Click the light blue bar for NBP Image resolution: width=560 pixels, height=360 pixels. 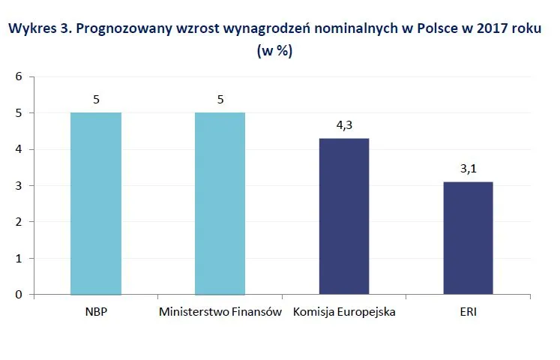point(95,203)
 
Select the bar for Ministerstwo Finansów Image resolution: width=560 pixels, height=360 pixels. point(220,203)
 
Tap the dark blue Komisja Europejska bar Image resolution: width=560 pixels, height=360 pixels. point(344,216)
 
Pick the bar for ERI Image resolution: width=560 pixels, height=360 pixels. point(468,238)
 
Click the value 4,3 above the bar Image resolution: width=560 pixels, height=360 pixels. point(344,125)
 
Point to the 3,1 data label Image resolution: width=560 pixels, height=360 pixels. point(468,169)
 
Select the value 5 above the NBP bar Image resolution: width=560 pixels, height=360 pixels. point(95,100)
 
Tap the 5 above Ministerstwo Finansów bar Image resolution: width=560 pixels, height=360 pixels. point(220,100)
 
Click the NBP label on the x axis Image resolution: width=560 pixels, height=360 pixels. point(95,311)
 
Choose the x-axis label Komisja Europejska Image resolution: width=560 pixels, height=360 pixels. point(344,311)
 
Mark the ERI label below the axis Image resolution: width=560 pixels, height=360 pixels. point(468,311)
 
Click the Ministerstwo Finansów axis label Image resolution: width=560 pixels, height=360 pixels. point(220,311)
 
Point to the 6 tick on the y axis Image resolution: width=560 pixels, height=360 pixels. point(19,76)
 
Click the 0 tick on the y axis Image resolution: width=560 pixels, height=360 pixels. point(19,295)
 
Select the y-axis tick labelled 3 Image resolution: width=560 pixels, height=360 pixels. point(19,186)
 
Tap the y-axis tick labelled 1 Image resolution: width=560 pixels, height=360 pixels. point(19,259)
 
